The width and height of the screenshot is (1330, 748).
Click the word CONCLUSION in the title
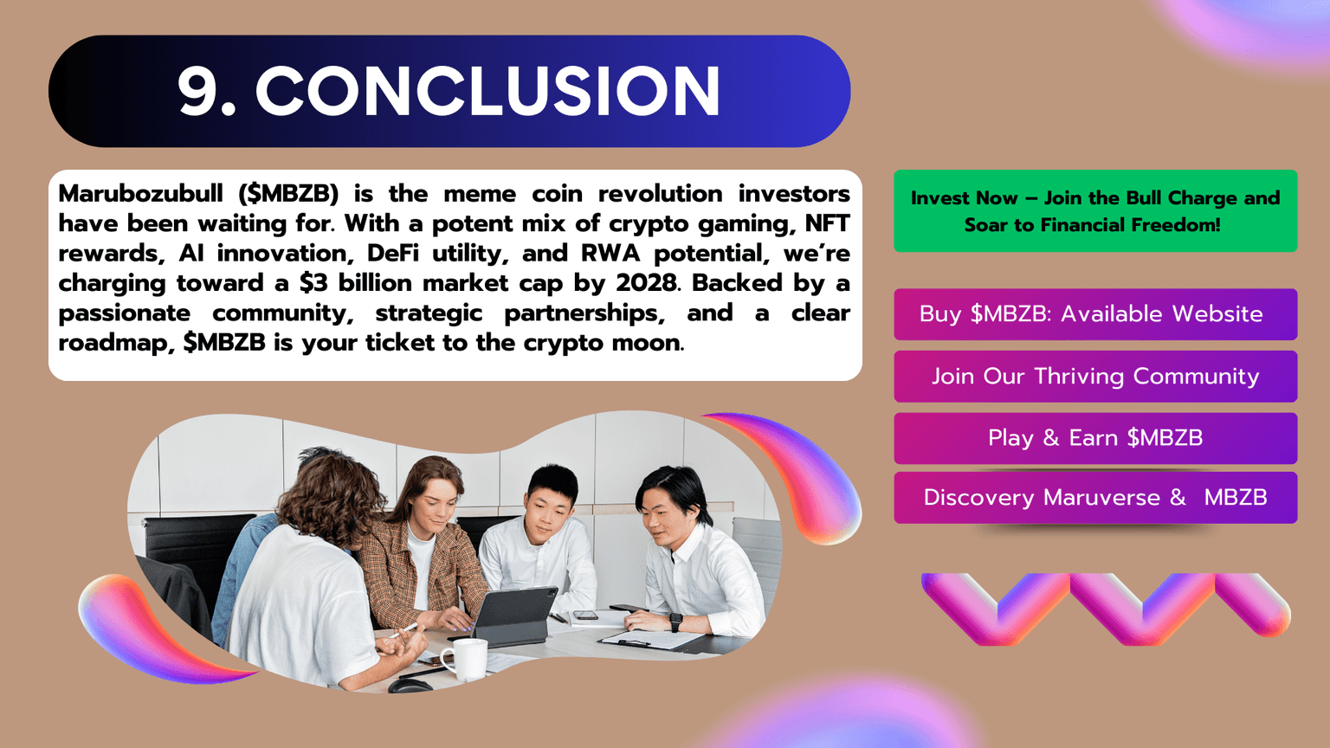[x=487, y=91]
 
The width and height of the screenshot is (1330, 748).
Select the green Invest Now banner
[x=1094, y=211]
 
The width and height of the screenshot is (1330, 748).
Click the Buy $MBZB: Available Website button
[x=1094, y=314]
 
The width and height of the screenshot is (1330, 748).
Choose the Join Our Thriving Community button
[x=1094, y=377]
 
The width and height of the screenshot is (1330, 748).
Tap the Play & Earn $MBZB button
[x=1094, y=438]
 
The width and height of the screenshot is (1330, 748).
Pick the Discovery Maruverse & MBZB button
[x=1094, y=498]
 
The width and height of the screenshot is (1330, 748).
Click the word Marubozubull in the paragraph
[x=140, y=194]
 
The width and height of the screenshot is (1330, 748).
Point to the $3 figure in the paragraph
[x=313, y=283]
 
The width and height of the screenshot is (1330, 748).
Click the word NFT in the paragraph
[x=827, y=223]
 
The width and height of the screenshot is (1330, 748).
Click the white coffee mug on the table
[x=468, y=660]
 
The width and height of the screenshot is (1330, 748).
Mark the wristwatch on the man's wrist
[x=675, y=622]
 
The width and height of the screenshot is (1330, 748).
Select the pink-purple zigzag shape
[x=1106, y=608]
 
